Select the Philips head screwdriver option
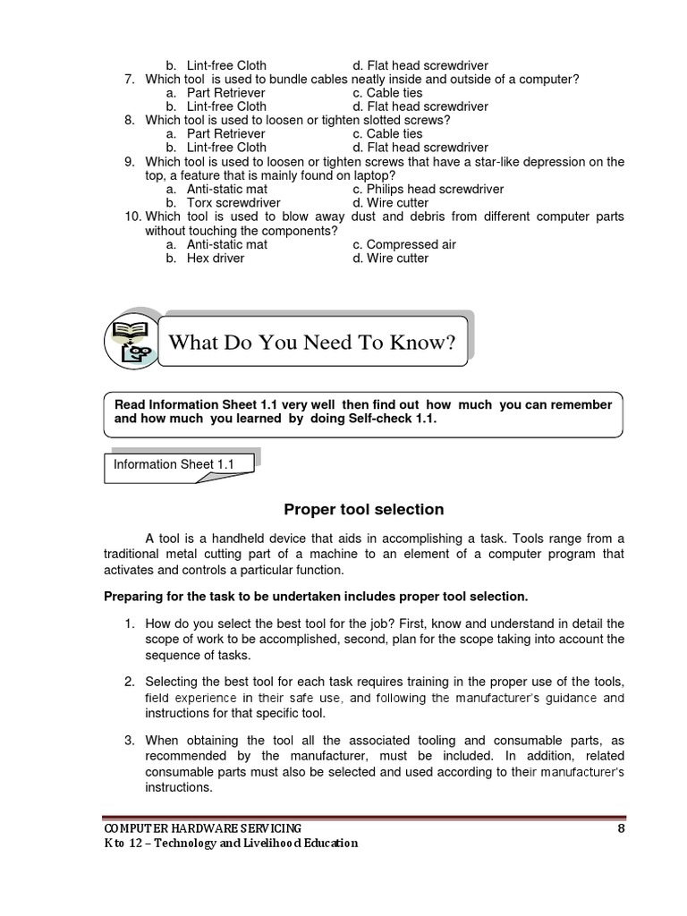pyautogui.click(x=428, y=190)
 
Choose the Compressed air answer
pyautogui.click(x=404, y=244)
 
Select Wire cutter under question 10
pyautogui.click(x=397, y=258)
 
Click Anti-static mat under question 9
pyautogui.click(x=226, y=190)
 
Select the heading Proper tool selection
pyautogui.click(x=363, y=510)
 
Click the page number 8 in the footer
pyautogui.click(x=621, y=828)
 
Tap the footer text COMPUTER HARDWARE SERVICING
pyautogui.click(x=202, y=828)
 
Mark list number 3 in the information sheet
pyautogui.click(x=130, y=741)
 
